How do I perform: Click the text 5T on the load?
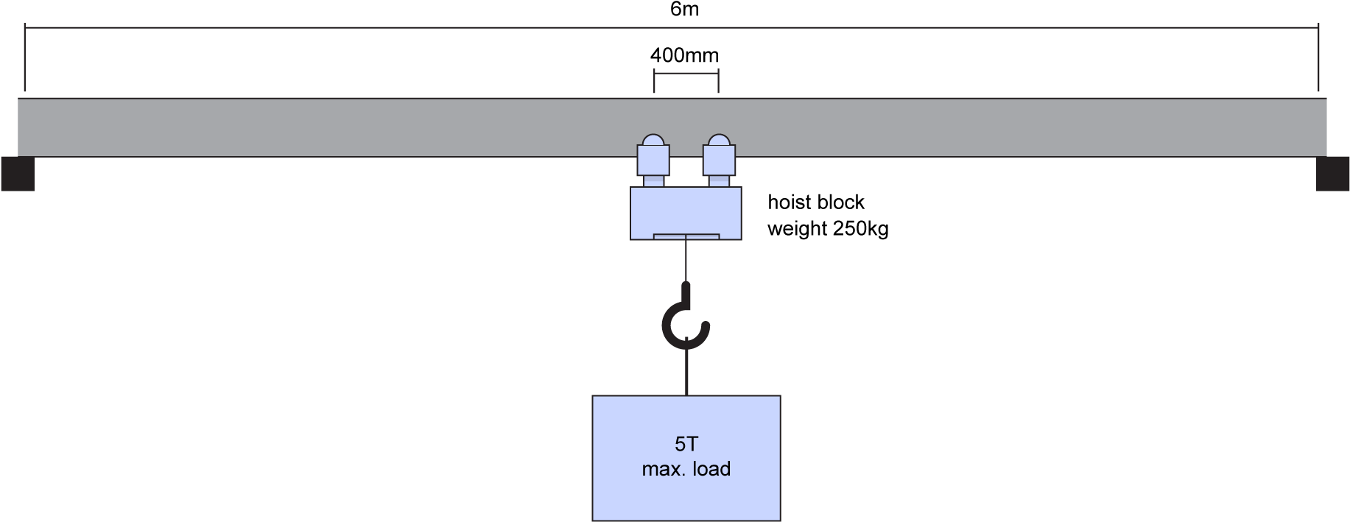point(686,444)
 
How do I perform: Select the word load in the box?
point(711,469)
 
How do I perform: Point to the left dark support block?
point(17,174)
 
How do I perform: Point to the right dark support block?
point(1332,174)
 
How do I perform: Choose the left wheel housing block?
point(653,160)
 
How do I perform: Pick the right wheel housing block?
point(719,160)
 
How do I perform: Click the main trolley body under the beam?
point(686,210)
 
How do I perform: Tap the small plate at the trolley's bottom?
point(686,236)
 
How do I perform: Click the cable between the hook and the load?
point(686,372)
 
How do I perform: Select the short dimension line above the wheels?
point(686,73)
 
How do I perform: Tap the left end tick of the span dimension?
point(25,55)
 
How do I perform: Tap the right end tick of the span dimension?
point(1318,55)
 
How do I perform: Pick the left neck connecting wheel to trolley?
point(654,181)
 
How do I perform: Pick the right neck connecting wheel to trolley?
point(719,181)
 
